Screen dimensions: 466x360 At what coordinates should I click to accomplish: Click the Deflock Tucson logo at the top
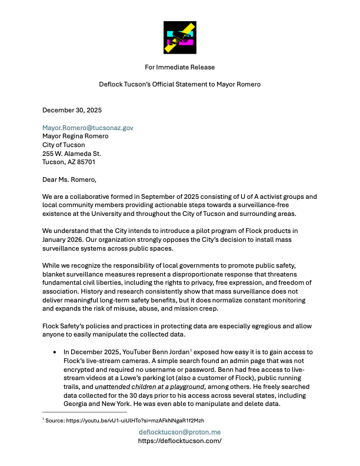pos(179,38)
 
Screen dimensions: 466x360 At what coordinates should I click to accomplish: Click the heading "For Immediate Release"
pos(179,67)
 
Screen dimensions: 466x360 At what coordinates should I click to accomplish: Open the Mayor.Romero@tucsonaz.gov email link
pos(88,127)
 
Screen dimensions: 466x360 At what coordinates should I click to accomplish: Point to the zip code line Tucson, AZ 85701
pos(68,162)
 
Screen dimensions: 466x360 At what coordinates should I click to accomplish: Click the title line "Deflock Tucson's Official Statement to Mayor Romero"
pos(179,84)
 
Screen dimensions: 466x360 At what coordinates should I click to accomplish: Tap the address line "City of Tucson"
pos(64,145)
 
